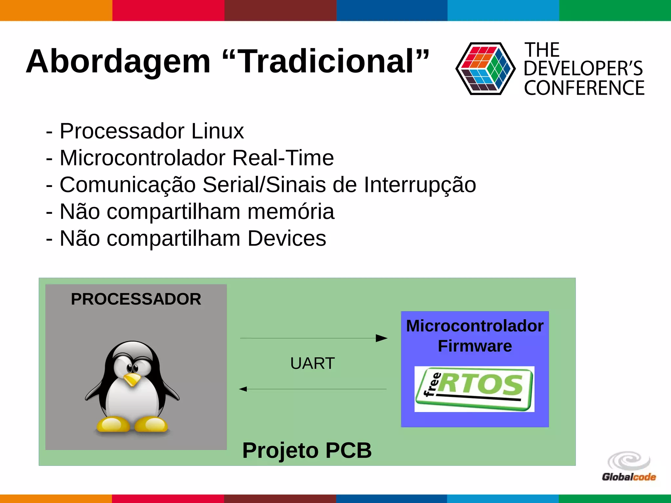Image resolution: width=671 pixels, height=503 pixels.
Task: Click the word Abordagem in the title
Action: [x=118, y=62]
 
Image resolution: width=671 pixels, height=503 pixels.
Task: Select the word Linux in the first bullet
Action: [x=218, y=131]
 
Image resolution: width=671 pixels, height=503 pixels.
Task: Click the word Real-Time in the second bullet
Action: [x=283, y=158]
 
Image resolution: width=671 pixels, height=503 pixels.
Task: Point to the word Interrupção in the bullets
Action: [x=420, y=185]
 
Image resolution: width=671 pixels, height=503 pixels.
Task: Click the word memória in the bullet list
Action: [x=291, y=212]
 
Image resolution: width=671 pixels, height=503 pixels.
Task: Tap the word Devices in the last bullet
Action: [x=287, y=238]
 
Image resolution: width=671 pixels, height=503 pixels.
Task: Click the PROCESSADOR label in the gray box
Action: [x=136, y=299]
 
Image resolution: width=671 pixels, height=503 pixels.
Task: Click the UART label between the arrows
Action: [x=312, y=363]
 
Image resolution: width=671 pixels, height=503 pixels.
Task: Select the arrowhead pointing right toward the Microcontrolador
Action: [x=381, y=338]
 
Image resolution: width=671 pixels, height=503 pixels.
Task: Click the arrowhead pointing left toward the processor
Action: [x=243, y=389]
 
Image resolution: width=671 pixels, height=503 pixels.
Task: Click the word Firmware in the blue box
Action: [x=475, y=346]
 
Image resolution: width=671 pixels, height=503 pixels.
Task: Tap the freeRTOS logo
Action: [x=474, y=389]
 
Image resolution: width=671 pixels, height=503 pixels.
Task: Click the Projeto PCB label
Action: [x=307, y=450]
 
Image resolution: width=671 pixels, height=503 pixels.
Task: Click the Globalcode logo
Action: [x=629, y=467]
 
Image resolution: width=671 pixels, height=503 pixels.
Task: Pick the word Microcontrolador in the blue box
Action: [x=475, y=326]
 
